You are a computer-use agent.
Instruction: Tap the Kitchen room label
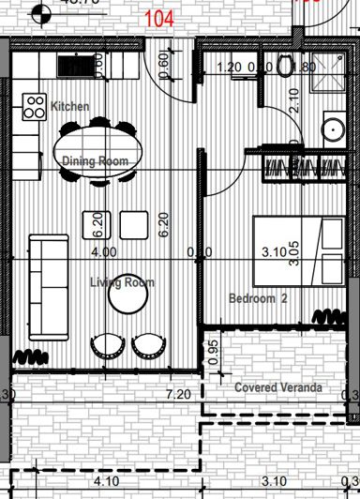click(x=70, y=106)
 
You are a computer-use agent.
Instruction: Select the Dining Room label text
click(x=95, y=161)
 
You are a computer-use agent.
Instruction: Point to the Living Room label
click(x=122, y=282)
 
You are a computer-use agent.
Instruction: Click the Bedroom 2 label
click(x=258, y=298)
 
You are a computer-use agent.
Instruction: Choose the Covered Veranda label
click(x=278, y=387)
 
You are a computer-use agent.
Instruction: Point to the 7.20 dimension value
click(x=178, y=396)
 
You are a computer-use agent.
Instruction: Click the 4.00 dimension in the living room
click(x=103, y=251)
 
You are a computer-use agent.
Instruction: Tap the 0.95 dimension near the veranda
click(x=214, y=352)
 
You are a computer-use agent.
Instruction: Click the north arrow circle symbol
click(x=38, y=13)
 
